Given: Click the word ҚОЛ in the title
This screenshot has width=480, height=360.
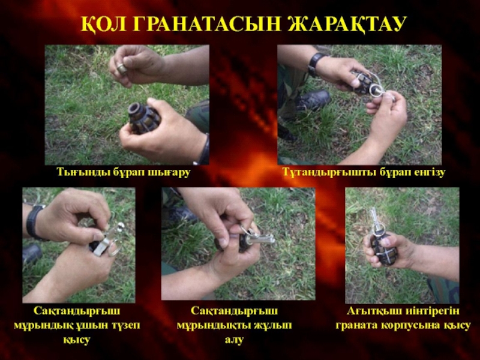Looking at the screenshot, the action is [x=103, y=24].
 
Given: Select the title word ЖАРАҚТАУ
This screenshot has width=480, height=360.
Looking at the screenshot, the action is [x=347, y=24].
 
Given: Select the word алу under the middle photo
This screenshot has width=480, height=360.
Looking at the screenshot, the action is [x=235, y=339].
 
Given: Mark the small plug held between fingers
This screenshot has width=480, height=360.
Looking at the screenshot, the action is [x=122, y=69].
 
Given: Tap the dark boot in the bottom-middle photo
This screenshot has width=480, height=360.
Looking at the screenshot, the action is [x=182, y=214].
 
